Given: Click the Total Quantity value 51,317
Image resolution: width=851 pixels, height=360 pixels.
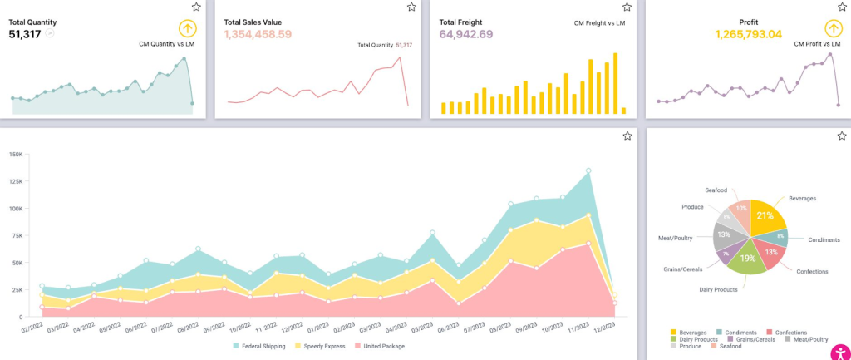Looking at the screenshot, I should pyautogui.click(x=25, y=34).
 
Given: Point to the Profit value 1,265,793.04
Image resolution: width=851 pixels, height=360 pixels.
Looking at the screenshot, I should pyautogui.click(x=748, y=34).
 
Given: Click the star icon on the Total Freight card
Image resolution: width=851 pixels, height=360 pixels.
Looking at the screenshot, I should pyautogui.click(x=627, y=7).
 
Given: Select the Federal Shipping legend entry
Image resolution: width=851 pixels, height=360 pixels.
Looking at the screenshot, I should pyautogui.click(x=259, y=346).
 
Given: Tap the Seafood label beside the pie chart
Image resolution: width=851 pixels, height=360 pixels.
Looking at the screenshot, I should pyautogui.click(x=716, y=190).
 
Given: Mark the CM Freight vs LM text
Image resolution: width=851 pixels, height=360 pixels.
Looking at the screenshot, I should pyautogui.click(x=601, y=23).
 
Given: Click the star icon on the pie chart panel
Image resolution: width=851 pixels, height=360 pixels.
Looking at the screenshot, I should pyautogui.click(x=842, y=136).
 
